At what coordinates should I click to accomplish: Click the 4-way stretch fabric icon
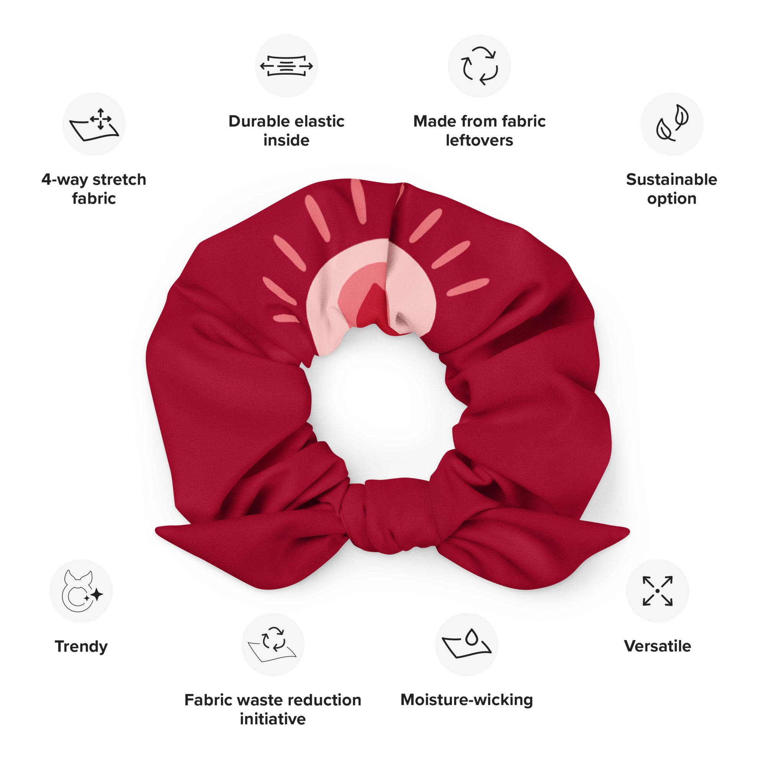[x=94, y=124]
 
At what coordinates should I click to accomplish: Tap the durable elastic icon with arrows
[x=286, y=66]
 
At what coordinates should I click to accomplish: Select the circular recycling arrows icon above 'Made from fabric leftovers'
[x=480, y=66]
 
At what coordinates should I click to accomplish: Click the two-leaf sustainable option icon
[x=672, y=123]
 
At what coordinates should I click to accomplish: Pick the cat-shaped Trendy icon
[x=81, y=591]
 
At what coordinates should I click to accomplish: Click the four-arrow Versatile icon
[x=657, y=591]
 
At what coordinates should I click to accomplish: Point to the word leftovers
[x=480, y=140]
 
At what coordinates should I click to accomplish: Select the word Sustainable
[x=672, y=180]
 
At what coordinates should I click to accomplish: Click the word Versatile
[x=657, y=646]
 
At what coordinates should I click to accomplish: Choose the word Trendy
[x=81, y=647]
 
